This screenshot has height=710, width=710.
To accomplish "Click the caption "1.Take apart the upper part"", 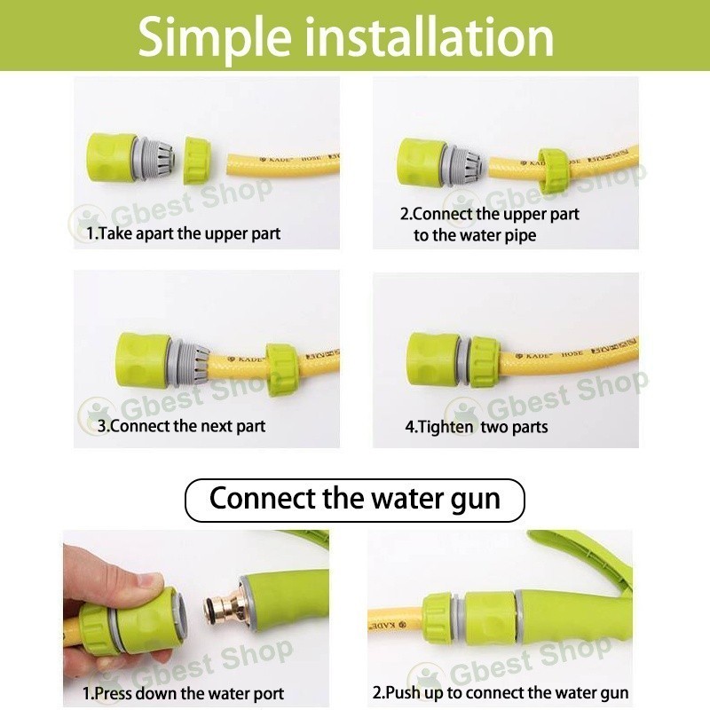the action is click(x=184, y=233).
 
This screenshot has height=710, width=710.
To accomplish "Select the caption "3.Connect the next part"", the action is click(x=182, y=426).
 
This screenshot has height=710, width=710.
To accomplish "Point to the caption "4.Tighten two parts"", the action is click(x=477, y=427).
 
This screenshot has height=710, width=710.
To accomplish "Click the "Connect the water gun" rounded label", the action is click(x=355, y=501).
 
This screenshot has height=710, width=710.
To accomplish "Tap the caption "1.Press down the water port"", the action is click(x=184, y=693).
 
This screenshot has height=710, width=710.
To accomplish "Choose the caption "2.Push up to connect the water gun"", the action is click(x=501, y=692).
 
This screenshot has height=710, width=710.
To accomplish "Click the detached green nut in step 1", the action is click(x=196, y=162).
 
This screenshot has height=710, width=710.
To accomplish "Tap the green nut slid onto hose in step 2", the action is click(x=553, y=170).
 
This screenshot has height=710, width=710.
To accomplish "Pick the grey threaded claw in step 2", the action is click(x=465, y=168).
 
